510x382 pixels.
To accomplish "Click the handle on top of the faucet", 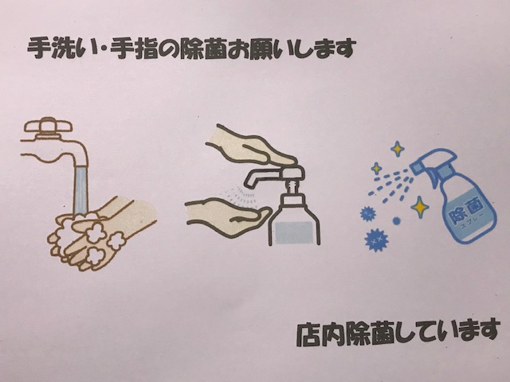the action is click(x=49, y=126).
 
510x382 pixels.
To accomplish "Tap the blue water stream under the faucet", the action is click(x=81, y=190).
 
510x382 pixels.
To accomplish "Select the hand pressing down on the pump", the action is click(x=251, y=145).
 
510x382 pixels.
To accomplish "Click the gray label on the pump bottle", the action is click(x=294, y=233).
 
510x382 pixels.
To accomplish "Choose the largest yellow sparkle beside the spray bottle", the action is click(x=420, y=207).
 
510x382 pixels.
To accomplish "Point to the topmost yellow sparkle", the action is click(x=397, y=149).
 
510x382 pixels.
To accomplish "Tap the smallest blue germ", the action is click(x=396, y=221).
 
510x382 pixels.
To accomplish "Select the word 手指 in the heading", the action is click(x=134, y=49).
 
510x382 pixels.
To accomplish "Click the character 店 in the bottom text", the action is click(x=308, y=334).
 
